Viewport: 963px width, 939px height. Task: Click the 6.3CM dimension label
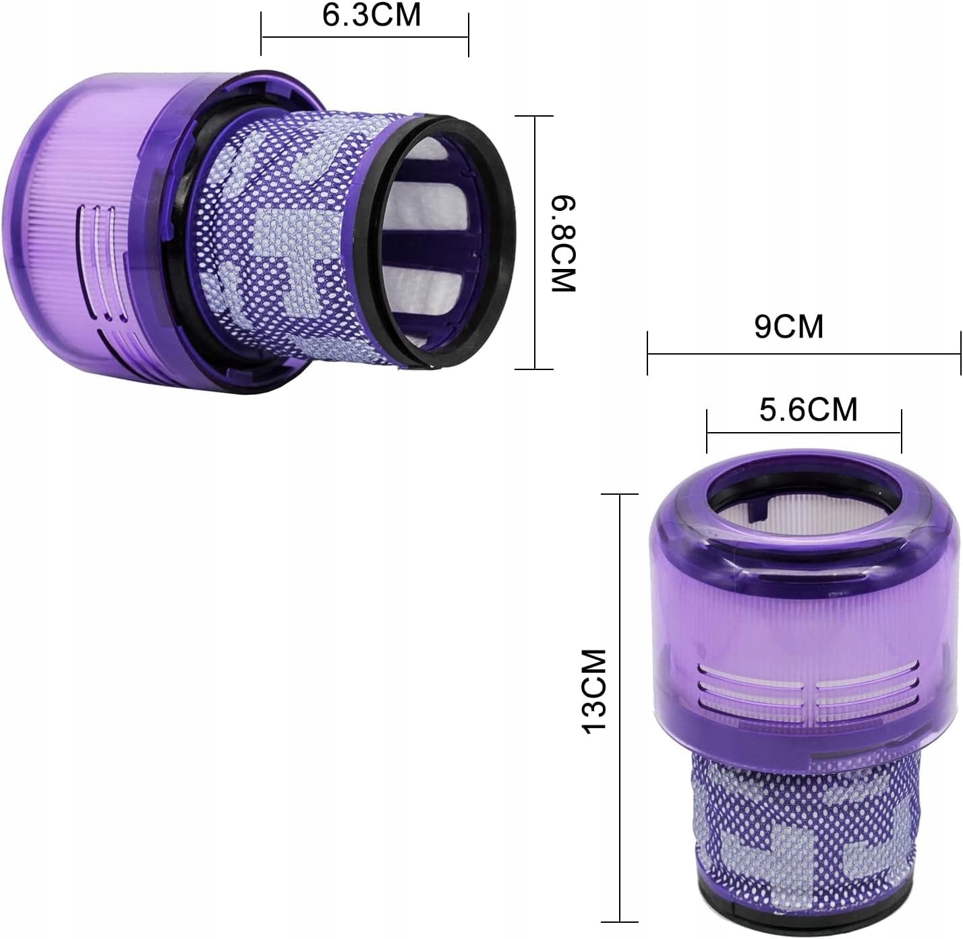pyautogui.click(x=371, y=15)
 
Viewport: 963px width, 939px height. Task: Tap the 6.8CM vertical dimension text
pyautogui.click(x=564, y=244)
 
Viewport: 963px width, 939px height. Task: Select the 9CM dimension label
pyautogui.click(x=789, y=326)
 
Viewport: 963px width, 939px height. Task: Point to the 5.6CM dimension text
pyautogui.click(x=808, y=410)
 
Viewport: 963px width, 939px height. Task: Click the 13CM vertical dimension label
pyautogui.click(x=594, y=692)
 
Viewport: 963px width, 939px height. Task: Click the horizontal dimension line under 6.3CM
pyautogui.click(x=365, y=36)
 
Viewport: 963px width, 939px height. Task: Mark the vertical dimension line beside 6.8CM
pyautogui.click(x=535, y=243)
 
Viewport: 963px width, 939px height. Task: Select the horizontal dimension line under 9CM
pyautogui.click(x=804, y=354)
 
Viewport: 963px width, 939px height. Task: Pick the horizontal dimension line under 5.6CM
pyautogui.click(x=804, y=433)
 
